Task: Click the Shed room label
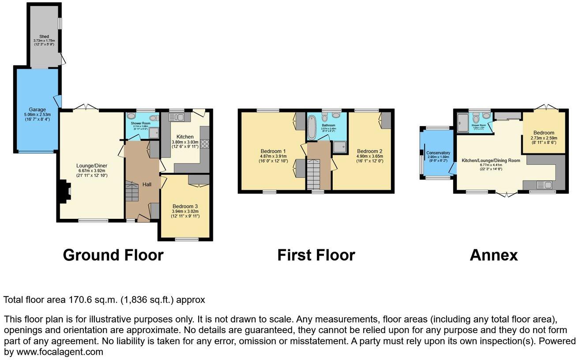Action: coord(43,36)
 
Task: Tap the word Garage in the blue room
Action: coord(38,110)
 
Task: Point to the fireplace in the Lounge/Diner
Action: coord(63,192)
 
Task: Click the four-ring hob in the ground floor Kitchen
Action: coord(205,143)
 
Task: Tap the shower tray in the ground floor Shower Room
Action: coord(154,133)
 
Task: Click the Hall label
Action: coord(147,184)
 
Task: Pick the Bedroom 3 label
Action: coord(185,206)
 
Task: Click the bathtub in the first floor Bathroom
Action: coord(312,127)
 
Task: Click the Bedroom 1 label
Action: coord(273,151)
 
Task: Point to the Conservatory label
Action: coord(438,153)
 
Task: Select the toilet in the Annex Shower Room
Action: coord(476,118)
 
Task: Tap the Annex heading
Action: coord(493,255)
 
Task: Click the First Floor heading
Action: coord(316,255)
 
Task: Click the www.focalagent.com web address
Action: coord(60,352)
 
